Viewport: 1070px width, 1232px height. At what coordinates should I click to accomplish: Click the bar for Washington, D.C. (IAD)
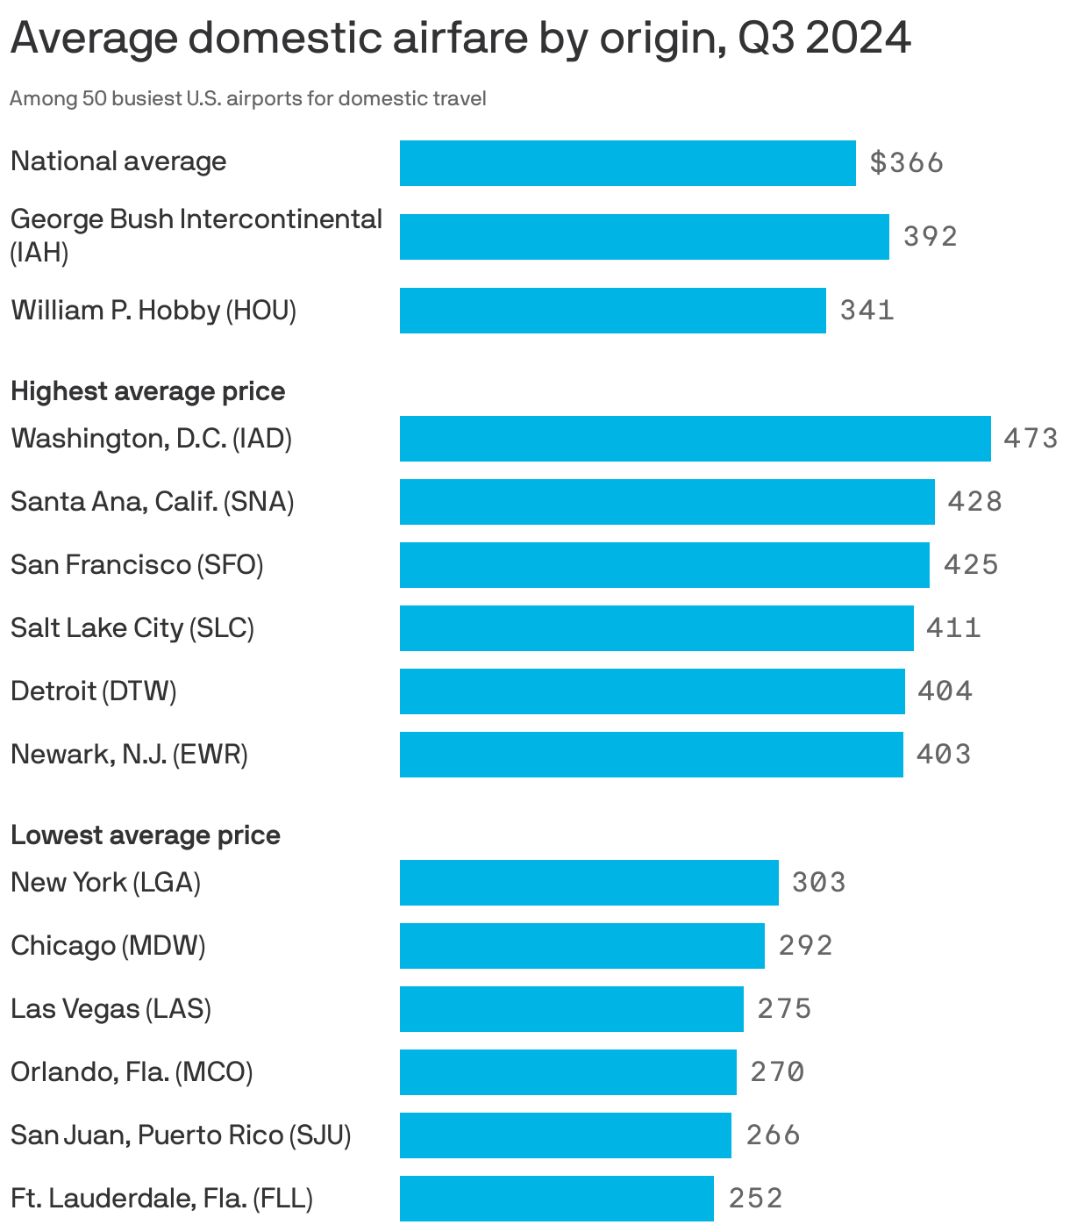(695, 439)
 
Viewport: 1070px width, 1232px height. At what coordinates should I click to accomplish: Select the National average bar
(627, 163)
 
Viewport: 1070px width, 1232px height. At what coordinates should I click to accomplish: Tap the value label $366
(906, 163)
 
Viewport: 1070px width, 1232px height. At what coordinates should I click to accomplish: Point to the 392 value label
(930, 237)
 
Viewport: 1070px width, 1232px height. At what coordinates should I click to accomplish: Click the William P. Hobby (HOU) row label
(153, 311)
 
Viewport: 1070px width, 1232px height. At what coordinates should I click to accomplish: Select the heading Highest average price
(147, 391)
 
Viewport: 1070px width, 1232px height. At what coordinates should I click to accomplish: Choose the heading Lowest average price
(146, 835)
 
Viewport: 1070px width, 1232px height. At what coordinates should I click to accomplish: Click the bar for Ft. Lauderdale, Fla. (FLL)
(556, 1199)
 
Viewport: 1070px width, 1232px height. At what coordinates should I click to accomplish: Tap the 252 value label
(755, 1199)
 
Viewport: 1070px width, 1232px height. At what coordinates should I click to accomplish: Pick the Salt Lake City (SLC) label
(132, 628)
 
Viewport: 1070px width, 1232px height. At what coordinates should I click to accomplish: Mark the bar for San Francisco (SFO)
(664, 565)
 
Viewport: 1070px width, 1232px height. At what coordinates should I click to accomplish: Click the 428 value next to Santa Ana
(974, 502)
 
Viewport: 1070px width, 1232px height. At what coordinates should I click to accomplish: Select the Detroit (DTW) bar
(652, 691)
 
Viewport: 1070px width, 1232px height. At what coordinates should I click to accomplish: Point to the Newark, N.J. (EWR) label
(129, 755)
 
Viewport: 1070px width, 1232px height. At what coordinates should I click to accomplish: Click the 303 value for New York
(818, 883)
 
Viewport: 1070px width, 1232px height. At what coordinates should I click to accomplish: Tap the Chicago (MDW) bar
(581, 946)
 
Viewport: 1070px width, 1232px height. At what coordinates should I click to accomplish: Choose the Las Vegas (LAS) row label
(111, 1009)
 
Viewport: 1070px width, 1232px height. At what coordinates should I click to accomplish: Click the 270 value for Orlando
(777, 1072)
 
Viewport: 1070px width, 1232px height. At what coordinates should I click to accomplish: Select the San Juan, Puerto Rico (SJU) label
(181, 1135)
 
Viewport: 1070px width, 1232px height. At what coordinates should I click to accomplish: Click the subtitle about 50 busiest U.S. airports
(248, 98)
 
